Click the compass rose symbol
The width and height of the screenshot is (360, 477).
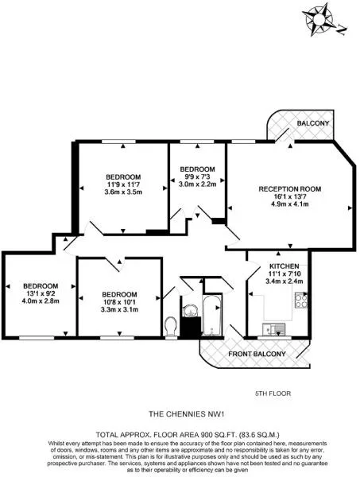[319, 20]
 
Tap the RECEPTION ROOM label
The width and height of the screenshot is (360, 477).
[290, 189]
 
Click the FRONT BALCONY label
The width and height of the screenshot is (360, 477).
[257, 354]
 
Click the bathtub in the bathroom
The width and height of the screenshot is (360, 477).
[212, 316]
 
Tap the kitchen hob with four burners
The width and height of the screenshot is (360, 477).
[301, 300]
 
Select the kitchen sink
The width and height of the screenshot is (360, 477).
[274, 329]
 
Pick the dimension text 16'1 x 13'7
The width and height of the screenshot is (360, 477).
[290, 196]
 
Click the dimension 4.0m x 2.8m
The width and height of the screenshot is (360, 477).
[41, 301]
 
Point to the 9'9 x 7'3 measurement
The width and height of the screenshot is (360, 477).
[197, 176]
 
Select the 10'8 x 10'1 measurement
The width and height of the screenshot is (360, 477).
[119, 302]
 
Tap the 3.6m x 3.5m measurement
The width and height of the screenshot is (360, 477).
[123, 192]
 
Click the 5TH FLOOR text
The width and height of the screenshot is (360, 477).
[273, 394]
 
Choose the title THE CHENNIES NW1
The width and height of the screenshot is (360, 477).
[187, 414]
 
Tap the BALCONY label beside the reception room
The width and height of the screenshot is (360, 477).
[313, 123]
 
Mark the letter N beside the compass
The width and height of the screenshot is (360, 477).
[343, 30]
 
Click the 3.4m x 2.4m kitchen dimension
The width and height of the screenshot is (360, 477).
[284, 281]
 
